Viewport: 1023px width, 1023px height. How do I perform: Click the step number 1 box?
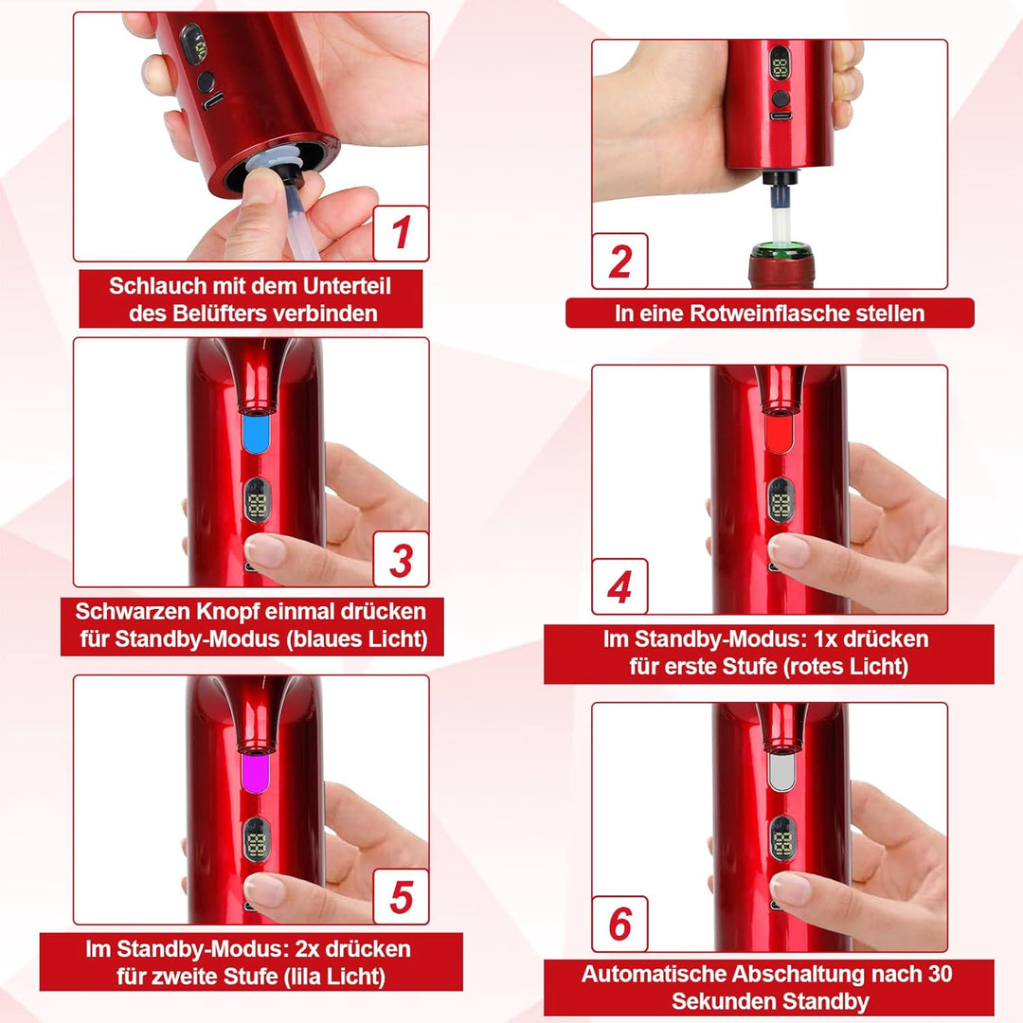point(401,233)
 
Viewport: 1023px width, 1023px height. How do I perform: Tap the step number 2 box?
point(619,260)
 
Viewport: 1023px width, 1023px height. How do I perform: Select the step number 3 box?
point(401,559)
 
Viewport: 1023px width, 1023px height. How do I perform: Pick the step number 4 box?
point(619,586)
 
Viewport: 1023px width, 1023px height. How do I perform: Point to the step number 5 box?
point(401,896)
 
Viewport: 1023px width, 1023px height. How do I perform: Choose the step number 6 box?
point(619,924)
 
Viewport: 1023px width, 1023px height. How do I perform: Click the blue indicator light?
point(256,433)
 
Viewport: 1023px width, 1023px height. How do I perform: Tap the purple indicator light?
point(256,773)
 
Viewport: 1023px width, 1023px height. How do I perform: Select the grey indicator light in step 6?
point(781,773)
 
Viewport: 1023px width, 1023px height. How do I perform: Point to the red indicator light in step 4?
point(779,433)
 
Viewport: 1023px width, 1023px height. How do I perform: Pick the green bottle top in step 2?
point(781,250)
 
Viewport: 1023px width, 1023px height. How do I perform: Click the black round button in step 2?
point(781,99)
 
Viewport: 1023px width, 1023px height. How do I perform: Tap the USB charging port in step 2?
point(781,117)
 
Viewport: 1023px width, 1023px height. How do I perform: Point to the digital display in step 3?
point(257,500)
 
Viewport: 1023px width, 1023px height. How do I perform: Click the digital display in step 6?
point(781,838)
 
